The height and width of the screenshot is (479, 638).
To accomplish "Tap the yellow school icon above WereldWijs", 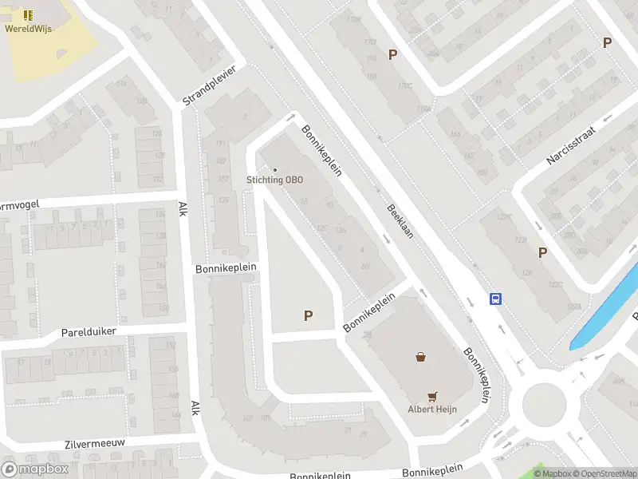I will [x=28, y=15].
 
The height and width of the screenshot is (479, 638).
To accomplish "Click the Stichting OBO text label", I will [x=274, y=180].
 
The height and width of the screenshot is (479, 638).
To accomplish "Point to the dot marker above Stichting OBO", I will [x=275, y=169].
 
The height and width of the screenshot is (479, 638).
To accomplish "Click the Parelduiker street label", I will [x=89, y=331].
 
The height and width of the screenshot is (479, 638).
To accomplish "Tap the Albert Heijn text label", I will [x=431, y=410].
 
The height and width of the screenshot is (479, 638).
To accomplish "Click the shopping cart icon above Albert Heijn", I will [x=432, y=395].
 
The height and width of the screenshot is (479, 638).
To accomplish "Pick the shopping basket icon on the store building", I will [x=420, y=357].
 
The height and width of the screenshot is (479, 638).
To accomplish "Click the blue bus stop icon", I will [x=495, y=299].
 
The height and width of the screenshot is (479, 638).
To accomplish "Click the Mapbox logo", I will [x=35, y=469].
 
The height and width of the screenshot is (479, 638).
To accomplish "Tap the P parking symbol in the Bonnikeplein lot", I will [x=308, y=316].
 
